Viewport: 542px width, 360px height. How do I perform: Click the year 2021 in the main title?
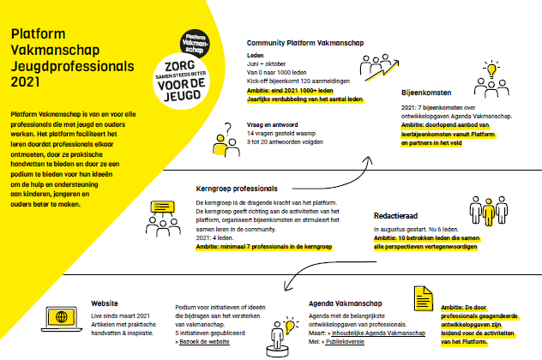coord(27,83)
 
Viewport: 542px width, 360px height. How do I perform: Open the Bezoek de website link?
coord(203,340)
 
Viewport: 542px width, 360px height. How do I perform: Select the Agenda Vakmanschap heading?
coord(348,303)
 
